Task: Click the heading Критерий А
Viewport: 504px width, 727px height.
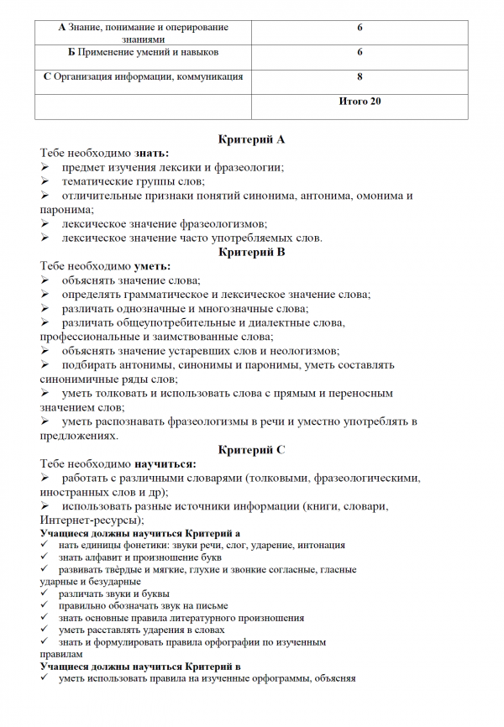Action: (251, 138)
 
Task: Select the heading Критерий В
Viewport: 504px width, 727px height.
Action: (251, 251)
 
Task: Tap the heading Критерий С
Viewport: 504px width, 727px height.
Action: (251, 450)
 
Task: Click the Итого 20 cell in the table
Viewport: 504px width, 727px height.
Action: (360, 102)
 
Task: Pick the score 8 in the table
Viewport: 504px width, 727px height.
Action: (360, 76)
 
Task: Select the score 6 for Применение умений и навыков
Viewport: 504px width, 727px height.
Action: (360, 52)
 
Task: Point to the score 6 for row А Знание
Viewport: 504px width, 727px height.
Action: (360, 28)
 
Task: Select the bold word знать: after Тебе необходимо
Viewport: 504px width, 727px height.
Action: (151, 153)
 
